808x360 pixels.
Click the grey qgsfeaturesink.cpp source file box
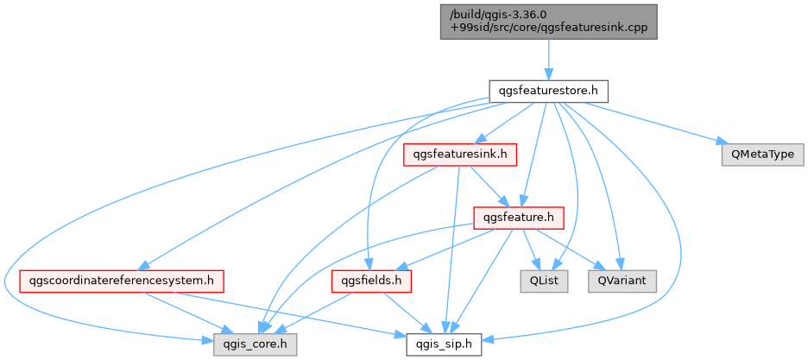pos(548,22)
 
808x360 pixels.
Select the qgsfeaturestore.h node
pos(548,92)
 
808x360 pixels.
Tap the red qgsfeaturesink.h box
pos(460,155)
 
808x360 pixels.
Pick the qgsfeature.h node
pos(519,218)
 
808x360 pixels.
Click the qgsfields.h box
pos(371,281)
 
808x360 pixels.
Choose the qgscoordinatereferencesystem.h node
pos(122,281)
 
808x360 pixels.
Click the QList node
pos(544,281)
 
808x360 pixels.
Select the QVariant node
pos(622,281)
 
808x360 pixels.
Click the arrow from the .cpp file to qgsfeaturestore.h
pos(548,60)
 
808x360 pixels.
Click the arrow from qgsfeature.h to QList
pos(531,249)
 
